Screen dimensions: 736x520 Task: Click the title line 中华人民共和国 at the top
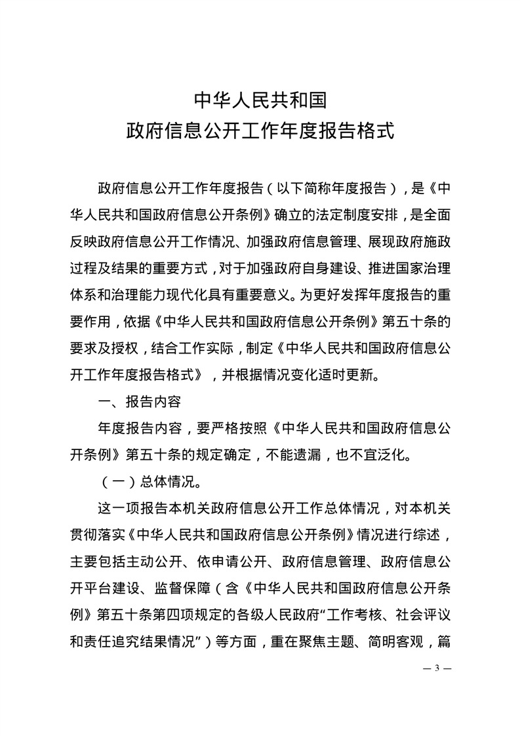(260, 100)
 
